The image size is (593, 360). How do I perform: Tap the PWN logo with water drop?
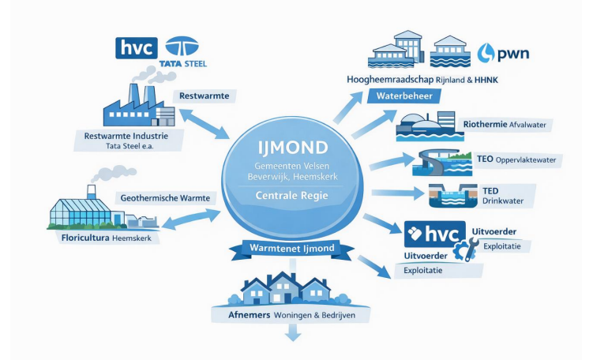(x=504, y=54)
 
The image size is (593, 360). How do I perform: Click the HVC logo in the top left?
(x=136, y=47)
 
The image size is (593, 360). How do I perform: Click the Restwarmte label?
(x=205, y=96)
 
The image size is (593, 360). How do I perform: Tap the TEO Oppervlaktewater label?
(x=516, y=159)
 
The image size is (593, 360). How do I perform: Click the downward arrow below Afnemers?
(x=293, y=334)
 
